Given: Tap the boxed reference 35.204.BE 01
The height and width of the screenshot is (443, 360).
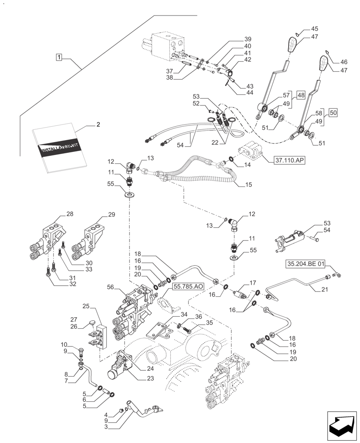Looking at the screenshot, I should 306,264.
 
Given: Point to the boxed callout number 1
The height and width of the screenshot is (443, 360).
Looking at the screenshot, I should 59,57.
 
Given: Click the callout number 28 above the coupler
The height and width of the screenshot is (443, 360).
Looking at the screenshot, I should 70,214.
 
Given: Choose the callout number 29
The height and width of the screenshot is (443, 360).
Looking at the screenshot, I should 111,214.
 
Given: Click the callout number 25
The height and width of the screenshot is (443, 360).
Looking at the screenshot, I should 86,306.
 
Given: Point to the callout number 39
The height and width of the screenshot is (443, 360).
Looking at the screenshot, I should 247,39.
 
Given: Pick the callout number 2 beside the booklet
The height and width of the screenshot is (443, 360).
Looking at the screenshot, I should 98,124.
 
